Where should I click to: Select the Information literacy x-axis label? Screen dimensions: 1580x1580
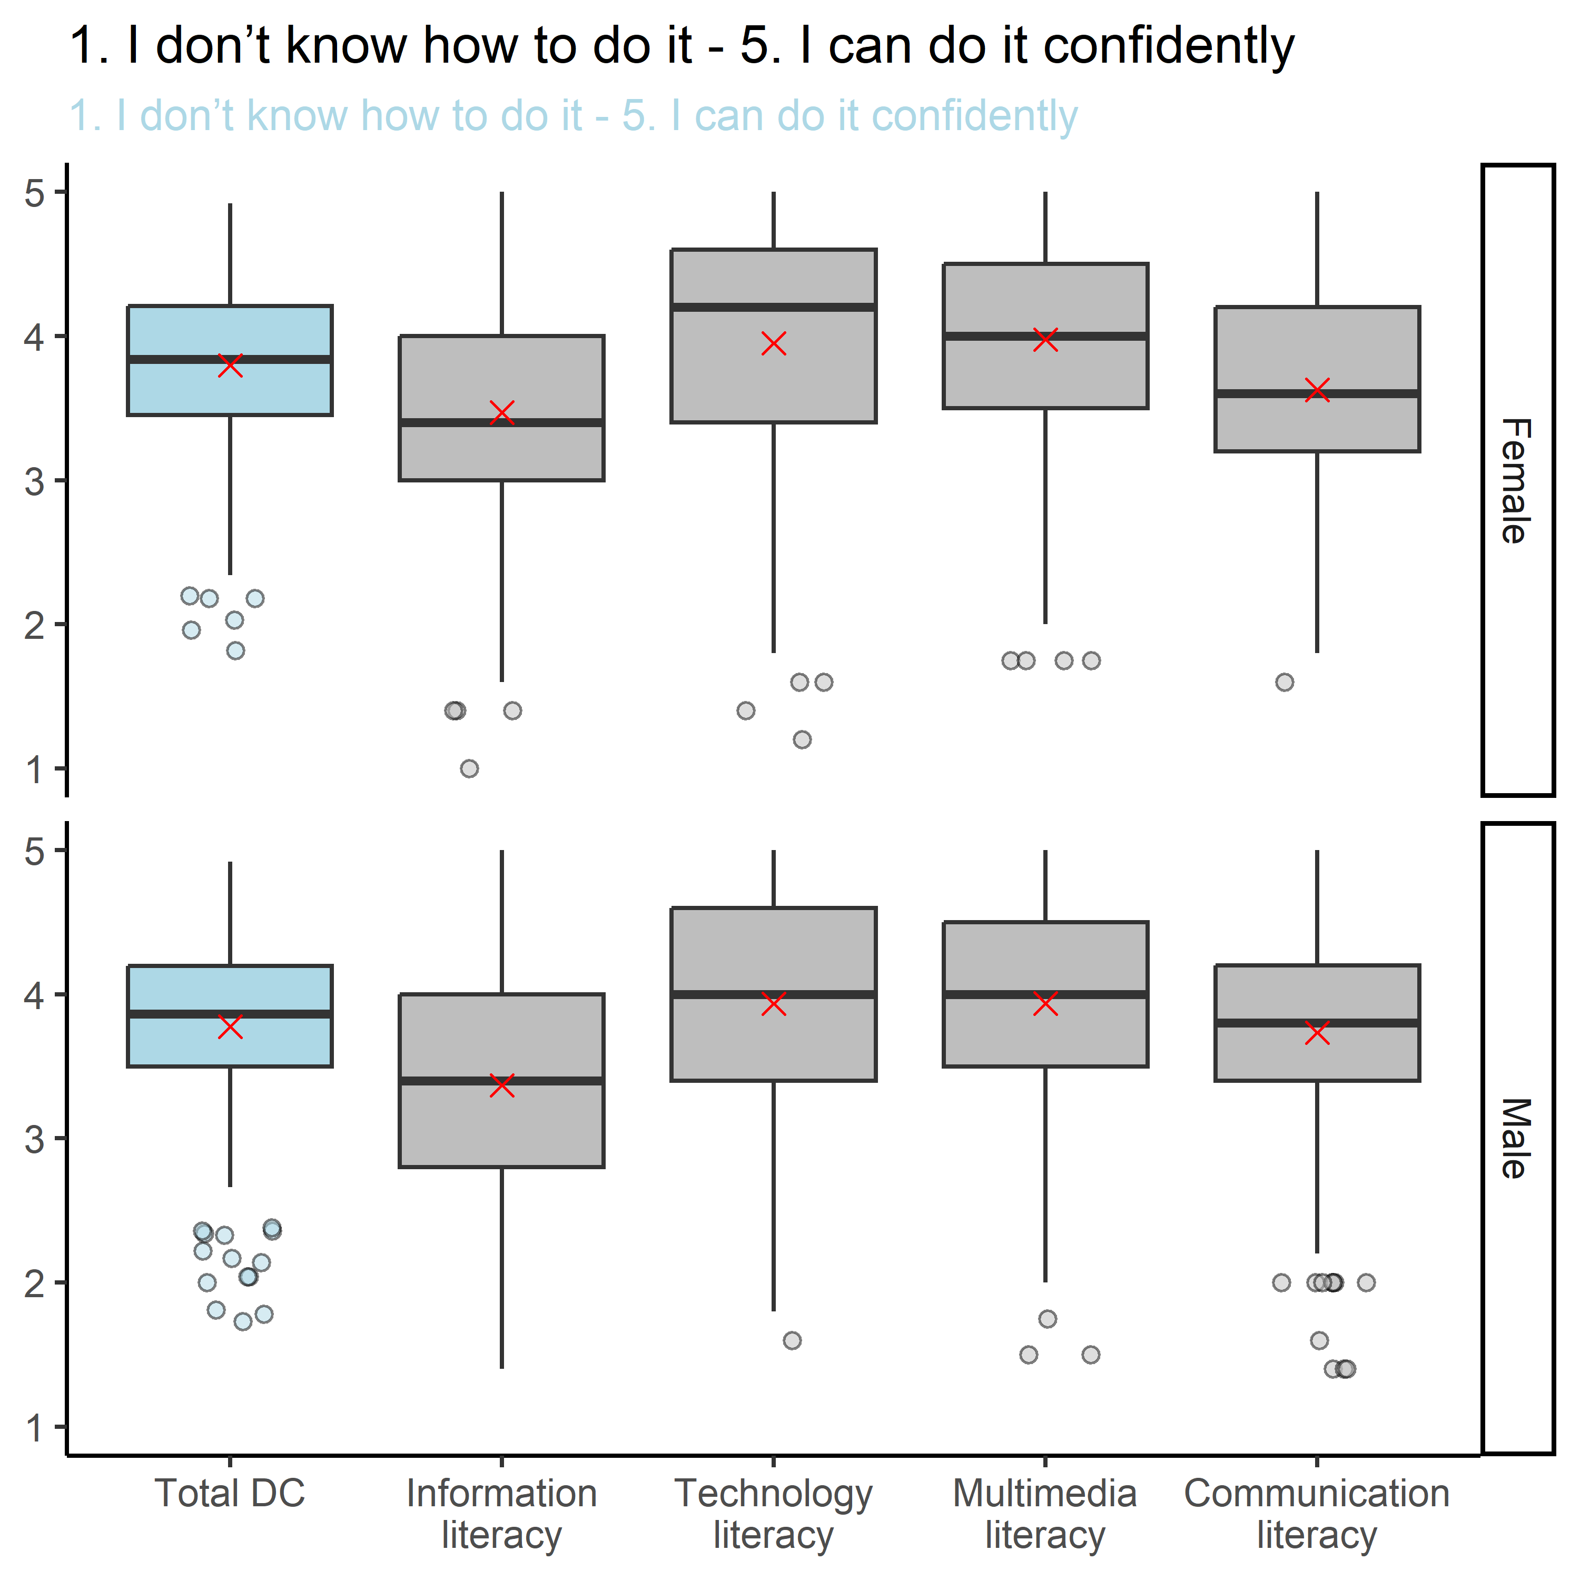[501, 1514]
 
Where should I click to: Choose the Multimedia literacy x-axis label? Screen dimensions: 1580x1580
[1044, 1514]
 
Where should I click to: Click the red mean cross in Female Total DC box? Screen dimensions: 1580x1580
[231, 365]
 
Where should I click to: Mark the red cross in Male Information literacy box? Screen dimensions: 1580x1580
[501, 1085]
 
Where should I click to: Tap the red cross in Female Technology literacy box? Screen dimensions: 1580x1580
[774, 343]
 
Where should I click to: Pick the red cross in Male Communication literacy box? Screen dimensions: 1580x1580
[1317, 1033]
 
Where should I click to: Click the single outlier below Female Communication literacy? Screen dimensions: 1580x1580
[1285, 682]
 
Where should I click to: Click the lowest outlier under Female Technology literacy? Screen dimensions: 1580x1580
[802, 739]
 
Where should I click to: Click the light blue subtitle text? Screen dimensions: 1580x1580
[572, 115]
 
